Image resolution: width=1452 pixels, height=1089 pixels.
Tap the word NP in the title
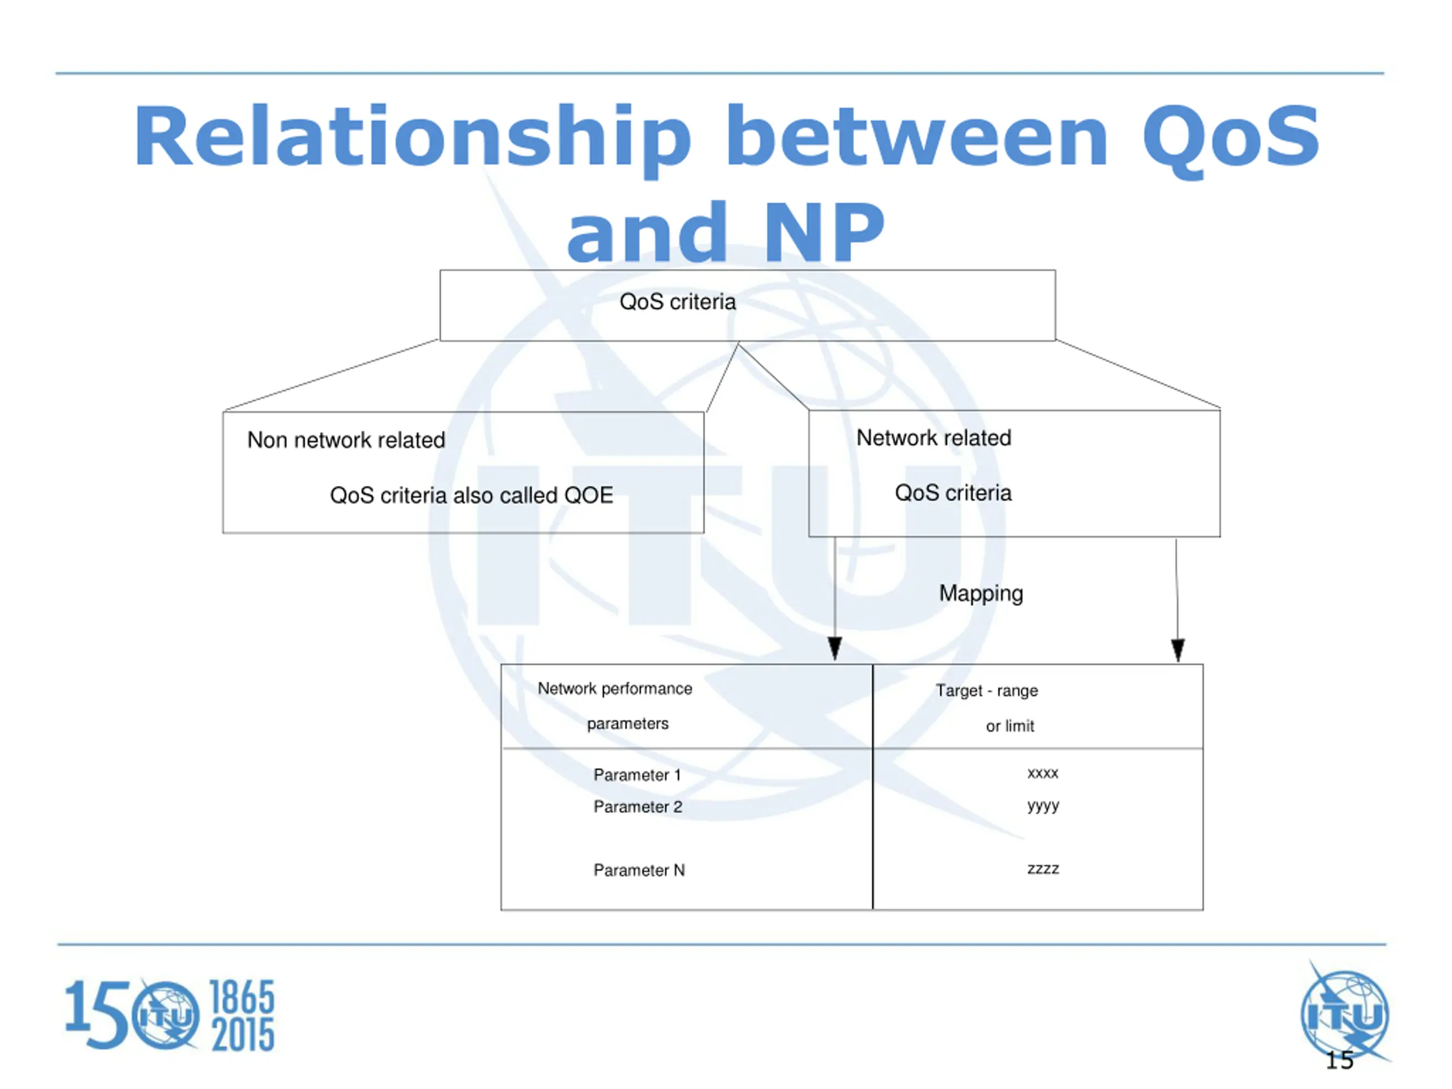(825, 233)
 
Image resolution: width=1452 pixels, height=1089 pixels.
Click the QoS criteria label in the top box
(677, 302)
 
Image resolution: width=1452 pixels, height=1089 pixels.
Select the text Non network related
(346, 440)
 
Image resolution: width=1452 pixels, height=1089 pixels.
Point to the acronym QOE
(588, 495)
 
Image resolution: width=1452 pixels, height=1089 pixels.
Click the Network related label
(934, 438)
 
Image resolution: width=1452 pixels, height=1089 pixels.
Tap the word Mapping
(981, 593)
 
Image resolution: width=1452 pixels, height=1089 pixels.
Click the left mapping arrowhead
(835, 648)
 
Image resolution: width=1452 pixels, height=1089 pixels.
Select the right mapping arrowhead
(1177, 650)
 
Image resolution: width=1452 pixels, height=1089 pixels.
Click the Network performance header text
(615, 689)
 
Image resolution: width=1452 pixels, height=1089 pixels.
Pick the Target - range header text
(986, 691)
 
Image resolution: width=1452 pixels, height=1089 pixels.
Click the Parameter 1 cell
(638, 775)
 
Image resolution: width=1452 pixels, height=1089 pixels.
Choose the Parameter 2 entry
(638, 807)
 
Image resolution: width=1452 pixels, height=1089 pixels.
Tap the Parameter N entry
(639, 871)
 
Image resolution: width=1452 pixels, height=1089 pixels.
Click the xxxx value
(1042, 773)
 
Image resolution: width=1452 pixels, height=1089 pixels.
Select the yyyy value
(1043, 805)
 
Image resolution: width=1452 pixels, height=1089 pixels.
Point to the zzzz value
(1043, 869)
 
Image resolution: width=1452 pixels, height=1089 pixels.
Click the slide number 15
(1339, 1061)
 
